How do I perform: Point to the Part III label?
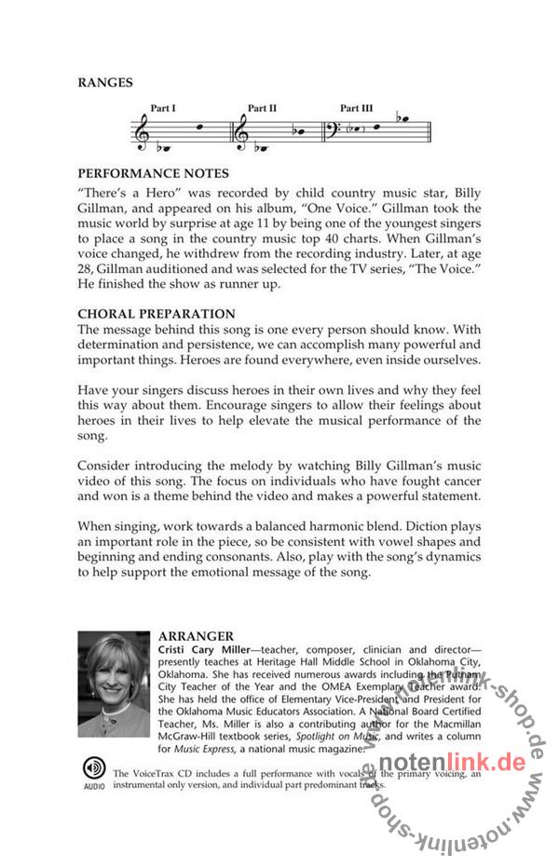pyautogui.click(x=356, y=108)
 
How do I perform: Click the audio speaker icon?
pyautogui.click(x=94, y=769)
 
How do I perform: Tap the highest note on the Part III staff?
pyautogui.click(x=402, y=119)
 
